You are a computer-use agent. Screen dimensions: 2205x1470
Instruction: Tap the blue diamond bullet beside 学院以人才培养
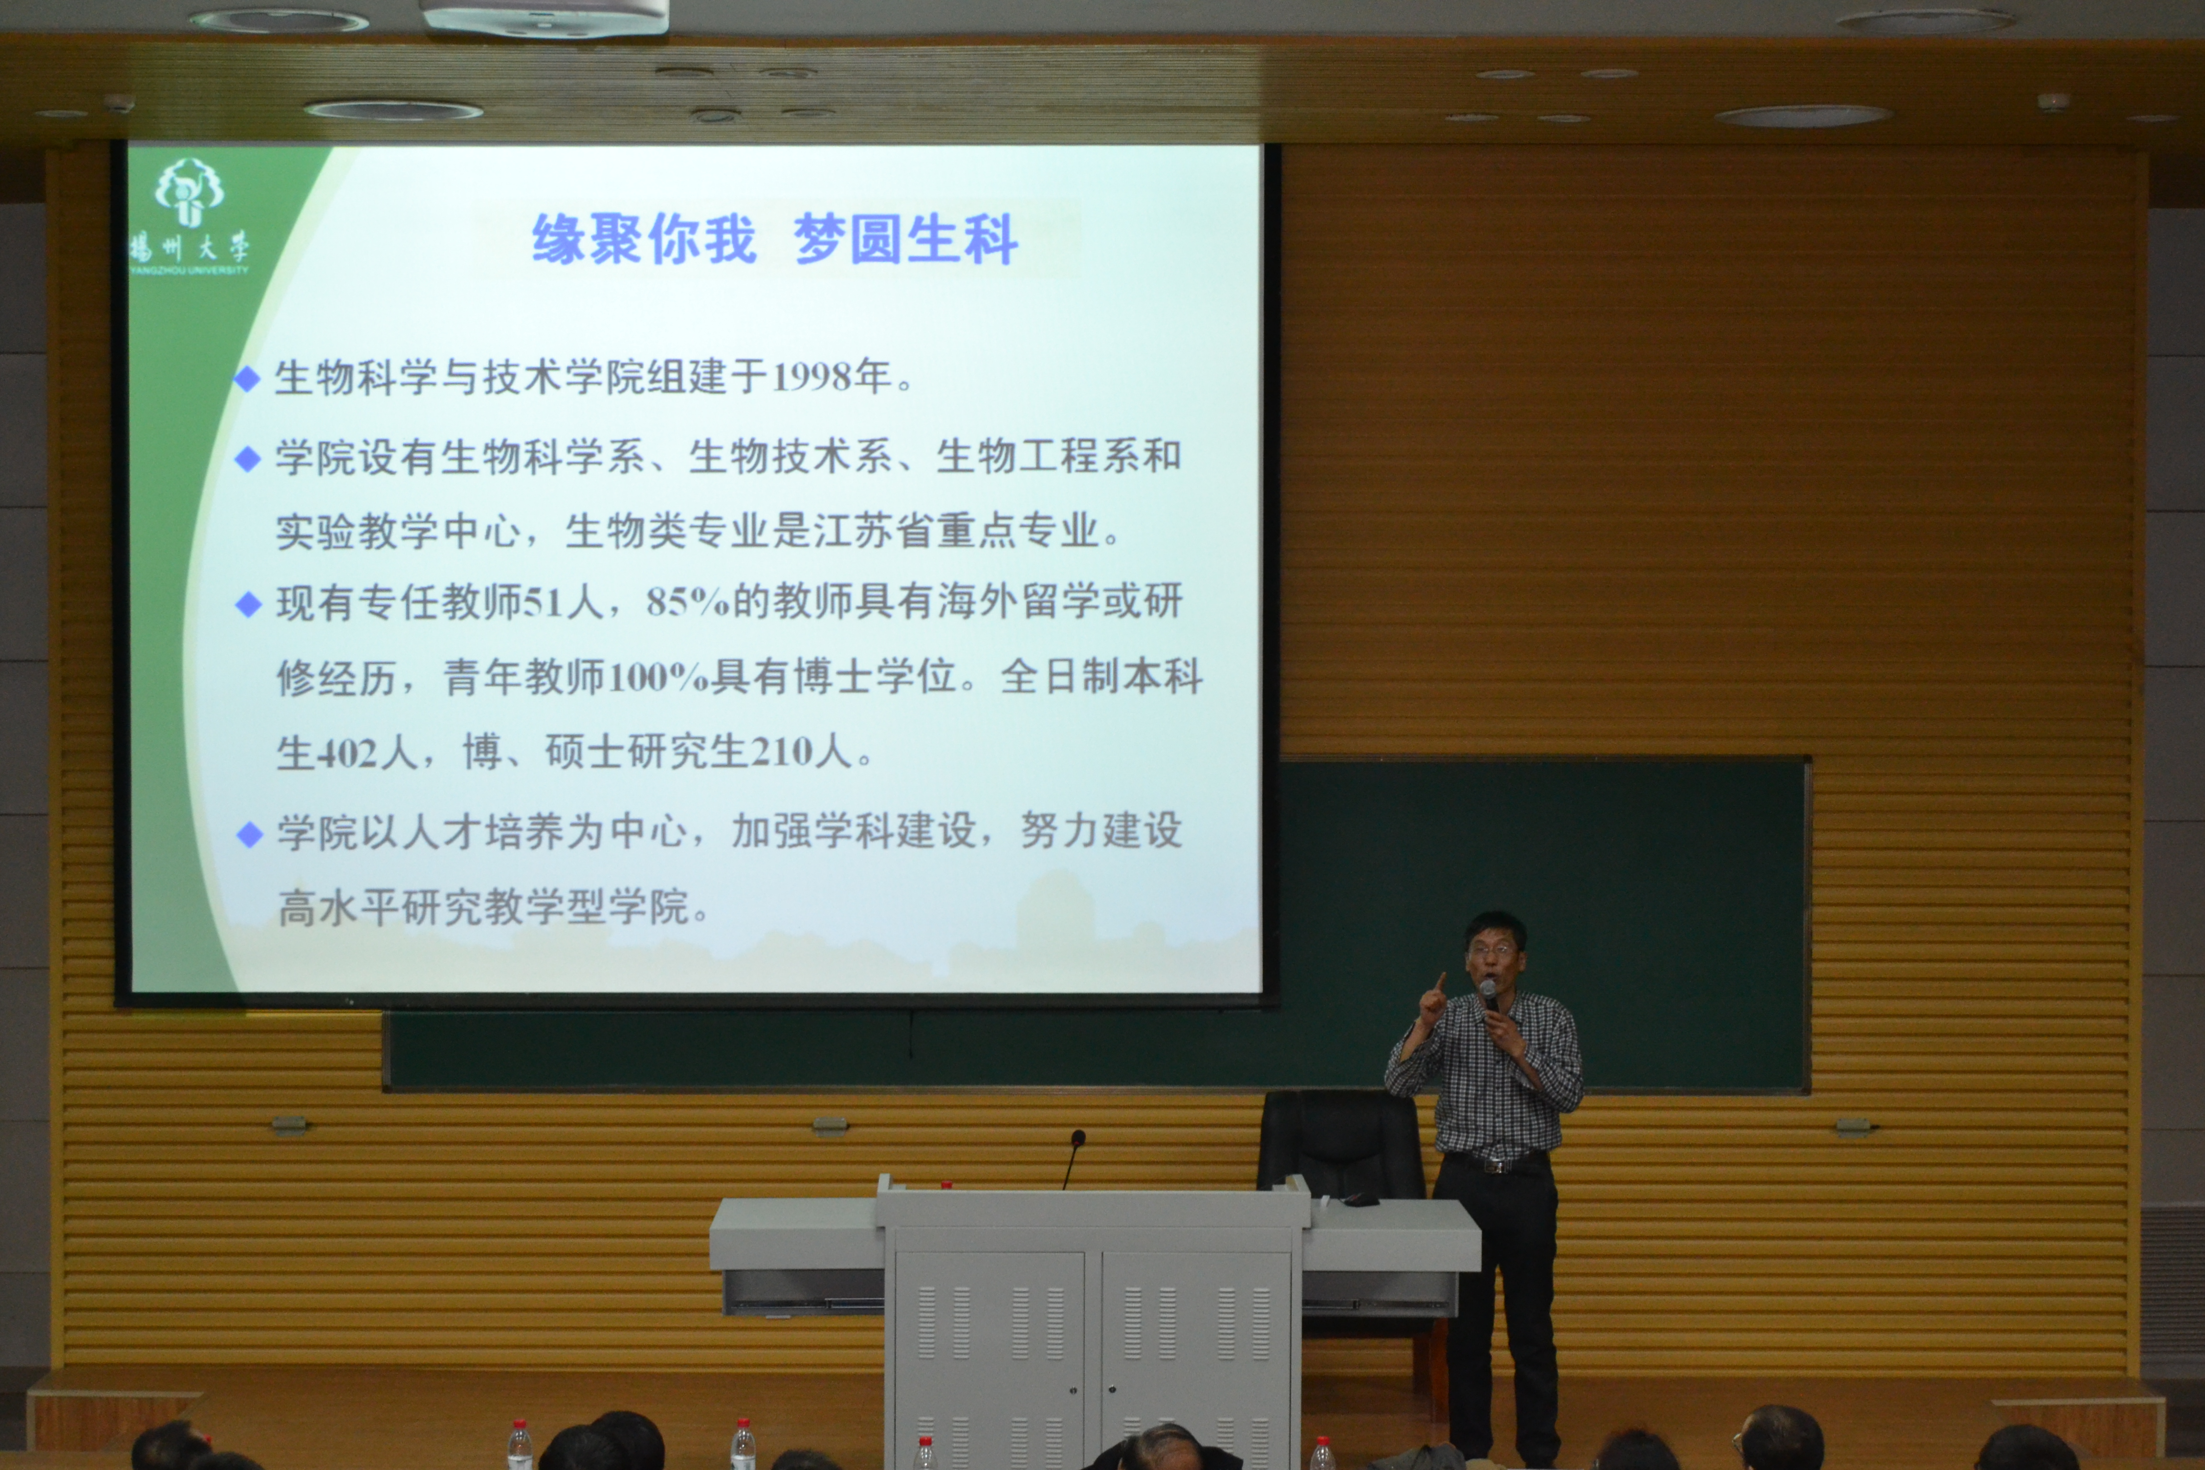point(249,835)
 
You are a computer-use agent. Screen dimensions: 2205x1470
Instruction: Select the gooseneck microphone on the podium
point(1071,1160)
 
